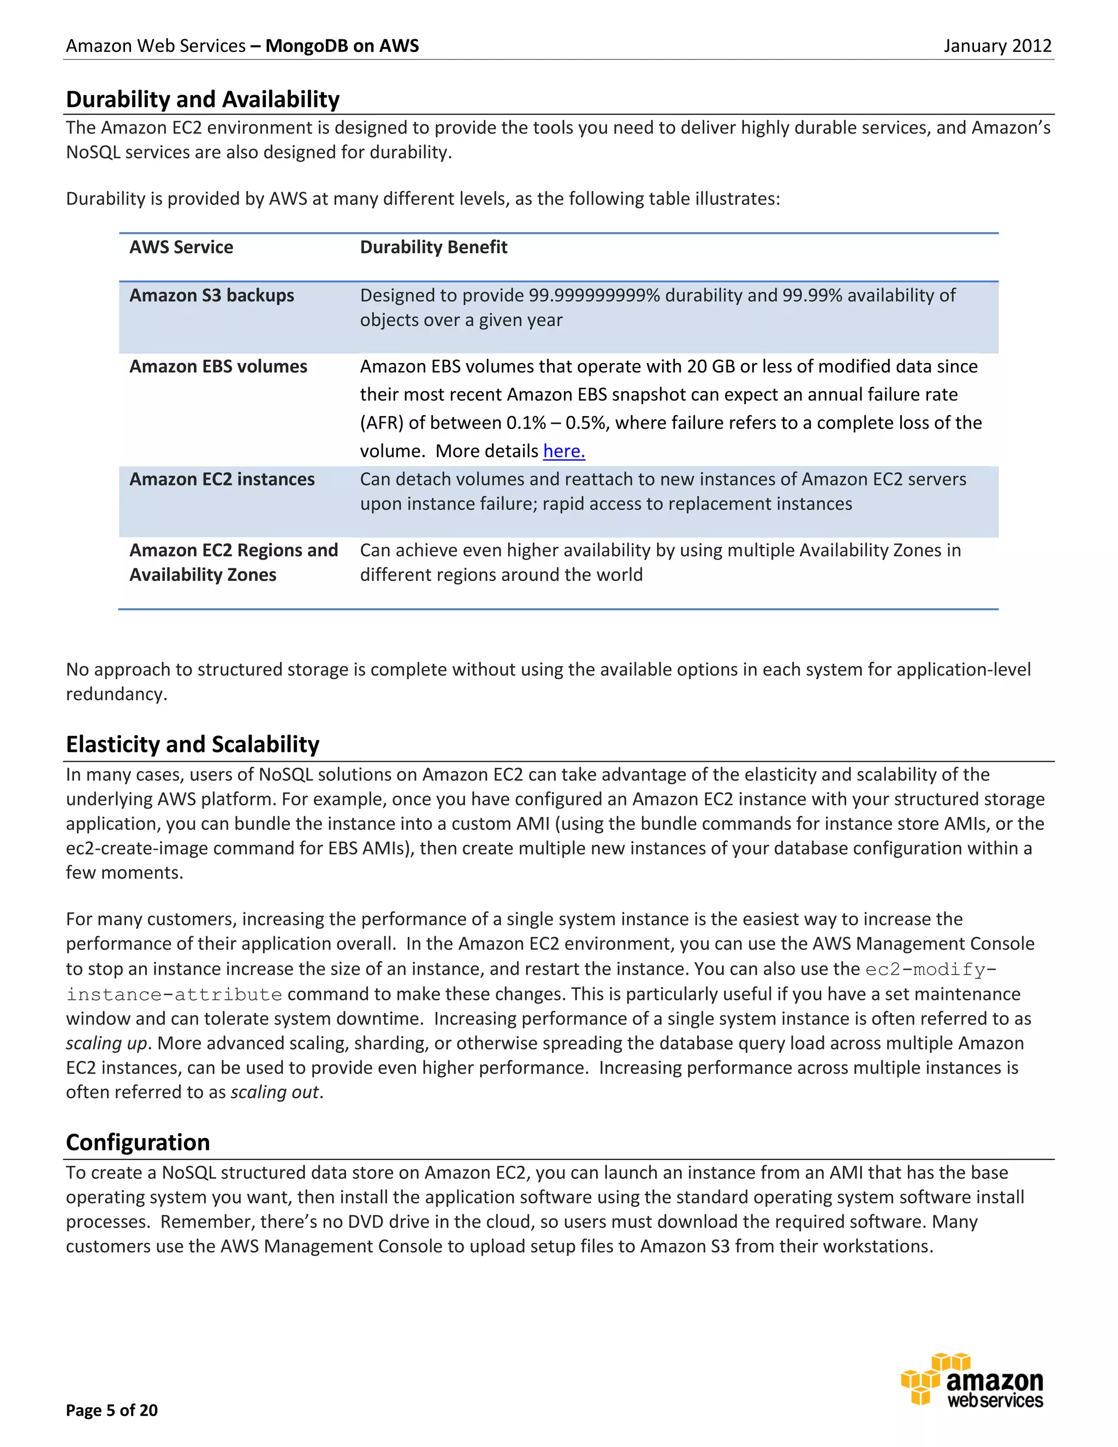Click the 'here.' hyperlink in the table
pyautogui.click(x=563, y=451)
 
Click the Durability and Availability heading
pyautogui.click(x=203, y=99)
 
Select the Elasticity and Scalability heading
pyautogui.click(x=192, y=744)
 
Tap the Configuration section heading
pyautogui.click(x=138, y=1142)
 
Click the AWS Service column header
pyautogui.click(x=181, y=247)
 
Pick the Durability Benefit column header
pyautogui.click(x=433, y=247)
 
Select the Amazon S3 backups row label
pyautogui.click(x=211, y=295)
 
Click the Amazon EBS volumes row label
pyautogui.click(x=218, y=366)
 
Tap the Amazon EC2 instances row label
pyautogui.click(x=222, y=479)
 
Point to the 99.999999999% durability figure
pyautogui.click(x=594, y=295)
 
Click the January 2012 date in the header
pyautogui.click(x=997, y=46)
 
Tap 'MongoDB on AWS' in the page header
pyautogui.click(x=342, y=46)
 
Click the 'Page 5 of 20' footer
pyautogui.click(x=111, y=1410)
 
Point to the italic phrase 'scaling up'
pyautogui.click(x=106, y=1043)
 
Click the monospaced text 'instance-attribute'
pyautogui.click(x=174, y=994)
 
